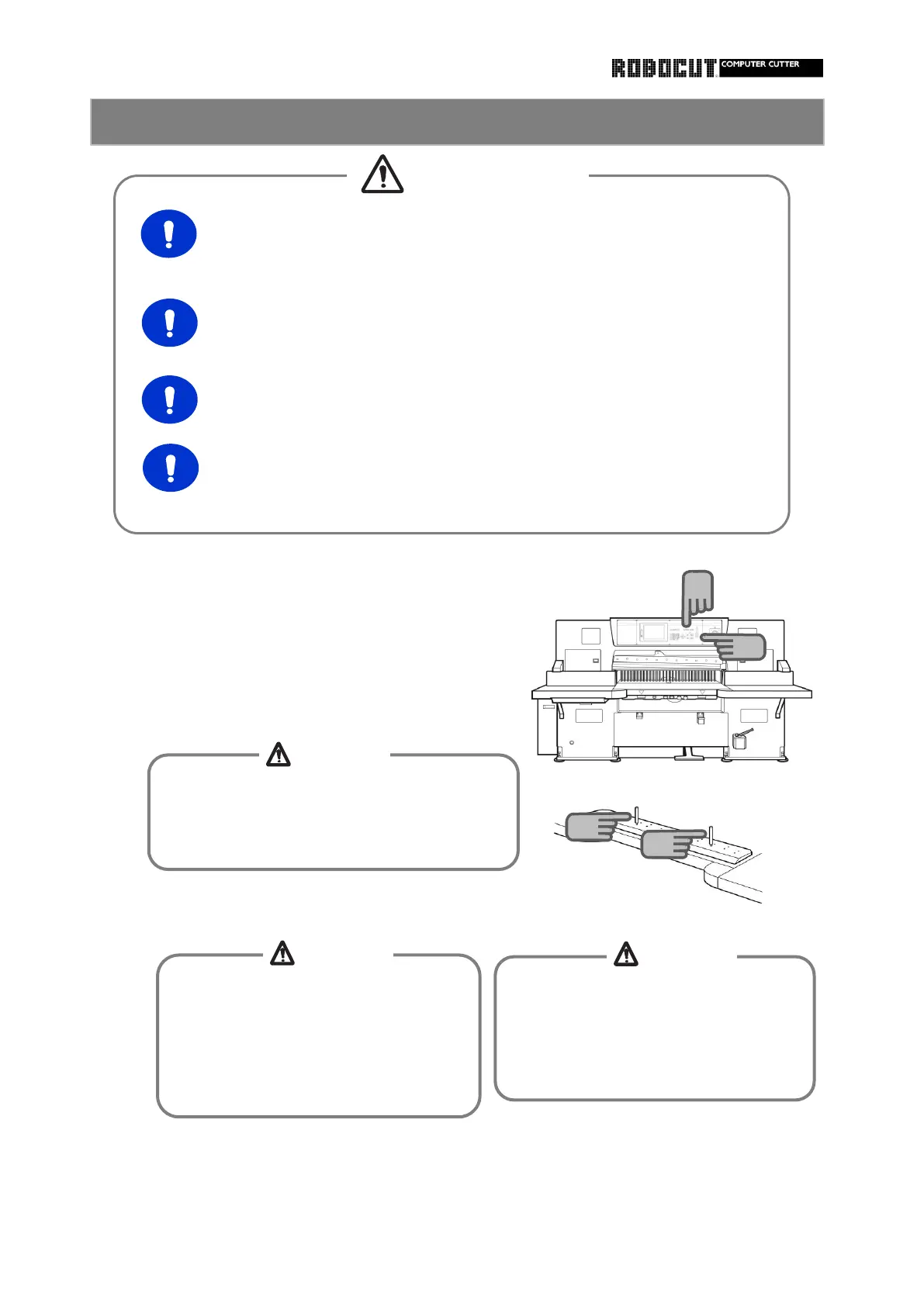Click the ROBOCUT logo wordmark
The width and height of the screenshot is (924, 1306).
tap(663, 68)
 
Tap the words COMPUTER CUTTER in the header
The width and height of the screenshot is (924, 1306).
tap(760, 64)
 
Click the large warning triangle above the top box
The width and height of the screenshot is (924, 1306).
tap(382, 174)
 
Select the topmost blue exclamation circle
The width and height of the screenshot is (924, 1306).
tap(168, 233)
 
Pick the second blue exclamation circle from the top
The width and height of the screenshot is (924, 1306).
tap(169, 323)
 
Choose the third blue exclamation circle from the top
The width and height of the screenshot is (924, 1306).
tap(169, 399)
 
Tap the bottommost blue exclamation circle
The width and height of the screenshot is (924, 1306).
tap(171, 468)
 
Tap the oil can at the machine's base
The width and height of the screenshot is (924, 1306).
tap(740, 738)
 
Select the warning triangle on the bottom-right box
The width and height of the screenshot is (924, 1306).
tap(626, 954)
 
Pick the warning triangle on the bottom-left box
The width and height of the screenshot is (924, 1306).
tap(282, 952)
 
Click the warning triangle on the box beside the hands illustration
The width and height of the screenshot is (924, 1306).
tap(278, 754)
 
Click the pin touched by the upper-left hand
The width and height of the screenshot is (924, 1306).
tap(635, 816)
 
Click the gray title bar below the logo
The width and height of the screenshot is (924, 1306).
tap(457, 122)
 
